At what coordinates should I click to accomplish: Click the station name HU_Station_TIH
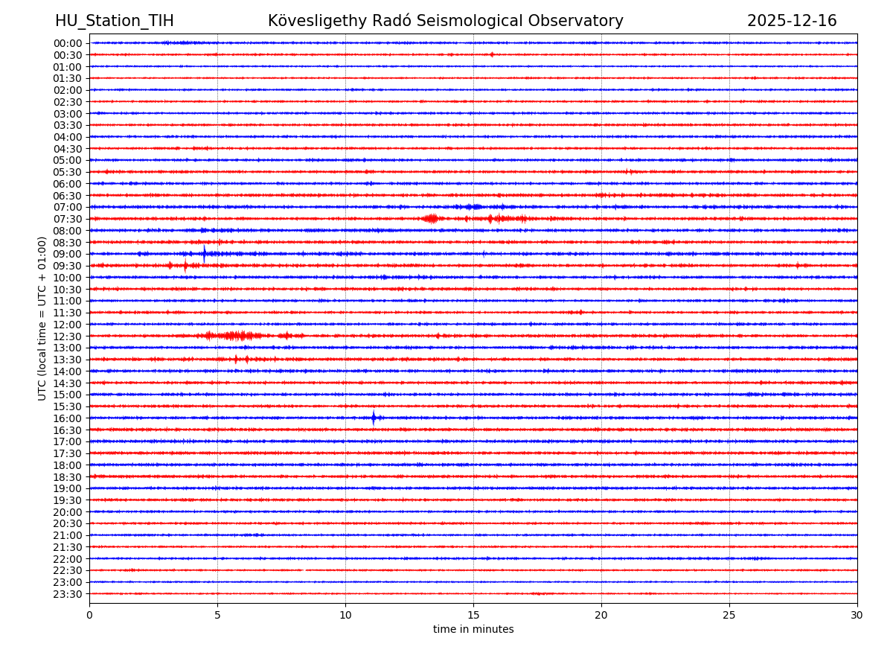click(114, 21)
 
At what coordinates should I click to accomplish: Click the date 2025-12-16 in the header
click(792, 21)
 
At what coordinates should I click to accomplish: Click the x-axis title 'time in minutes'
click(473, 630)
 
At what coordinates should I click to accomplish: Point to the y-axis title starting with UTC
click(42, 318)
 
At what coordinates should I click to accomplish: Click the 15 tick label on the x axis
click(473, 615)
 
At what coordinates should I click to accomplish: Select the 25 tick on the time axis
click(729, 615)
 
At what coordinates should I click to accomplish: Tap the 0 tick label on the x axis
click(89, 615)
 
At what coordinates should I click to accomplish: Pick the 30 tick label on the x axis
click(857, 615)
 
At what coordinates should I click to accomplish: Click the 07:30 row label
click(68, 219)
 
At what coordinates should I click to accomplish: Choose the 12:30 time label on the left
click(68, 336)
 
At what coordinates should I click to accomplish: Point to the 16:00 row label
click(68, 418)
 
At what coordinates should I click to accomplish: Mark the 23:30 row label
click(68, 594)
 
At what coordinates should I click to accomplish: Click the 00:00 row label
click(68, 43)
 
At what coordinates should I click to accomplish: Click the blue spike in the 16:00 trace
click(374, 418)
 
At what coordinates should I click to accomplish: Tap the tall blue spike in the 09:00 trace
click(205, 253)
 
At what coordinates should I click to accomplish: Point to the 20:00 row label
click(68, 512)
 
